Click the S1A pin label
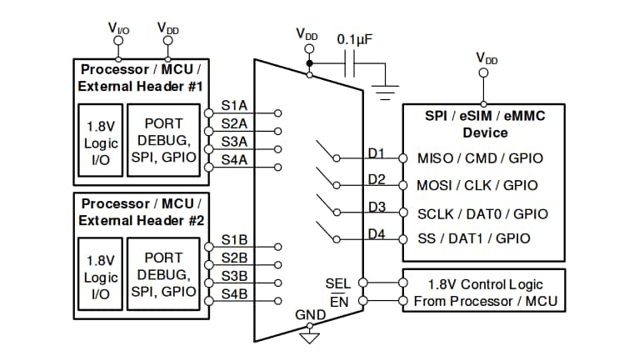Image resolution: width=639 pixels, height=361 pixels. (x=234, y=107)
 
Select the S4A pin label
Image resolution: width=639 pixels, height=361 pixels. (x=234, y=159)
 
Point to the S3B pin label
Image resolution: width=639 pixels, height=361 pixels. (x=234, y=275)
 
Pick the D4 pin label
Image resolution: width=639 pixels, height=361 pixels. (x=377, y=234)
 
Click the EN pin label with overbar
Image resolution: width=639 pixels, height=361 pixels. (x=339, y=302)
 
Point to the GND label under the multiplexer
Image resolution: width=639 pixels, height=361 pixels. (x=310, y=315)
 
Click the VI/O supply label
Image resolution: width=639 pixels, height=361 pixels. (x=118, y=28)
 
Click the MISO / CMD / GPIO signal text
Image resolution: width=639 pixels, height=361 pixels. (x=477, y=158)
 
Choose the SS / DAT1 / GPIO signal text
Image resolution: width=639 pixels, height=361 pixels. (x=473, y=238)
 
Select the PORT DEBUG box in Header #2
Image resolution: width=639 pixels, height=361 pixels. (x=163, y=274)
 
